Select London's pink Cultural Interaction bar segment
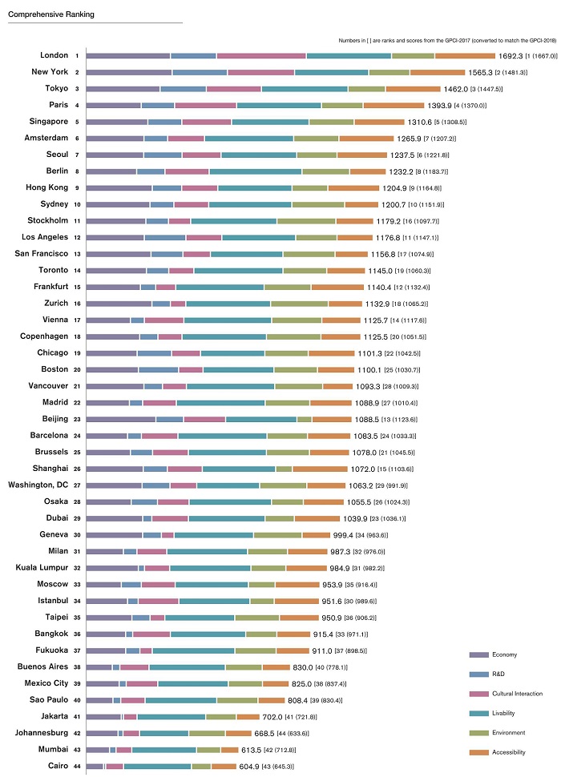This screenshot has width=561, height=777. (x=261, y=56)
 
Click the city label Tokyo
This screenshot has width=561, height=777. (x=55, y=88)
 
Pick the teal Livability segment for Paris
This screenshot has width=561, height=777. (x=279, y=105)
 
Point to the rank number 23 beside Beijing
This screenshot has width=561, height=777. (x=76, y=419)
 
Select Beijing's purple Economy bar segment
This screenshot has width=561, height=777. (x=121, y=419)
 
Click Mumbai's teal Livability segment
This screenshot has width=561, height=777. (x=163, y=750)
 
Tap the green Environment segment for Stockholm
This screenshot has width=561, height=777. (x=306, y=220)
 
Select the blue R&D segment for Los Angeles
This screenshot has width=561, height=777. (x=165, y=237)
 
